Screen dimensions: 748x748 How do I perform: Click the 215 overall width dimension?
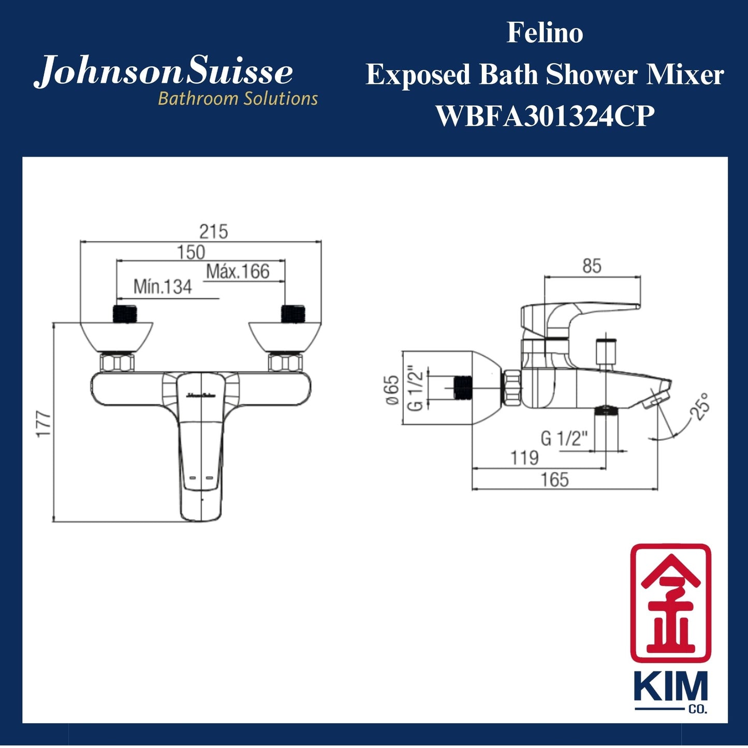tap(213, 231)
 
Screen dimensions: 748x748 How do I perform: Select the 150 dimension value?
tap(191, 253)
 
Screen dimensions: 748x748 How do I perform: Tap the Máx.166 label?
tap(238, 271)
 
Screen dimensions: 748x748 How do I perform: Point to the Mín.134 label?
tap(163, 287)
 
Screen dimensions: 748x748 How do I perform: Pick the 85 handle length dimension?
tap(592, 266)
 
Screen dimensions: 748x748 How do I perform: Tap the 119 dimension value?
tap(524, 458)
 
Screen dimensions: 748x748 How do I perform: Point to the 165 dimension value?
tap(554, 480)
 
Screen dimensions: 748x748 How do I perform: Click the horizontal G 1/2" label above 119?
tap(564, 438)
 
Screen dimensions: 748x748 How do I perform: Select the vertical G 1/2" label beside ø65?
tap(415, 390)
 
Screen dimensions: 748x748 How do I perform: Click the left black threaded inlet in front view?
tap(125, 314)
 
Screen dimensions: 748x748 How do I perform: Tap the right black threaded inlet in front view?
tap(294, 314)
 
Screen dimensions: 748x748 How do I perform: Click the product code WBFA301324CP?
tap(545, 115)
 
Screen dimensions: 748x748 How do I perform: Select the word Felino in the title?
tap(545, 33)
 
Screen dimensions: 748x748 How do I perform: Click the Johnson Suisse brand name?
tap(164, 72)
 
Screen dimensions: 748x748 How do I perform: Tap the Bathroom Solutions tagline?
tap(238, 98)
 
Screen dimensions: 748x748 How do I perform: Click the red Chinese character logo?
tap(670, 603)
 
